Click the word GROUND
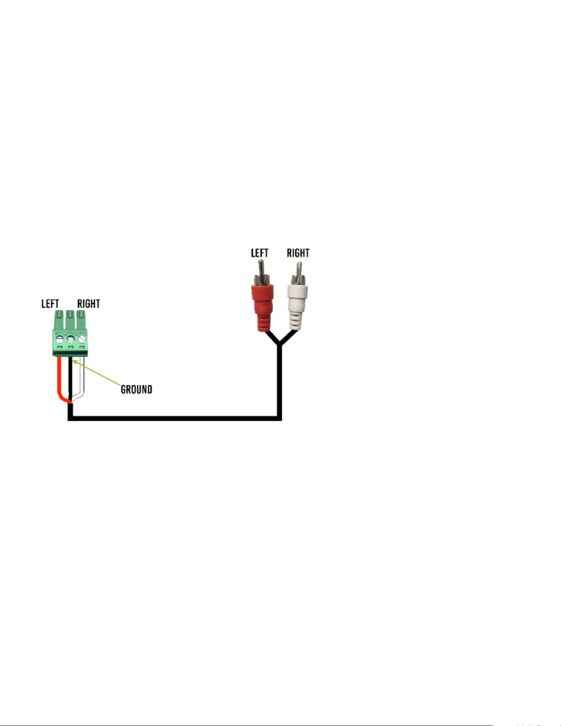point(136,389)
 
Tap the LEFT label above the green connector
point(50,304)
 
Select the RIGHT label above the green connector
point(89,304)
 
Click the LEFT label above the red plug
point(260,253)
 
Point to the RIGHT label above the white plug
point(298,253)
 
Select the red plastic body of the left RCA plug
point(262,307)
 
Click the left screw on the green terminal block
point(59,339)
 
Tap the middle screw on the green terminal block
point(70,339)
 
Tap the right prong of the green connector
point(82,320)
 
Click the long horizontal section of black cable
point(175,418)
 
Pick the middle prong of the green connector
point(70,320)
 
